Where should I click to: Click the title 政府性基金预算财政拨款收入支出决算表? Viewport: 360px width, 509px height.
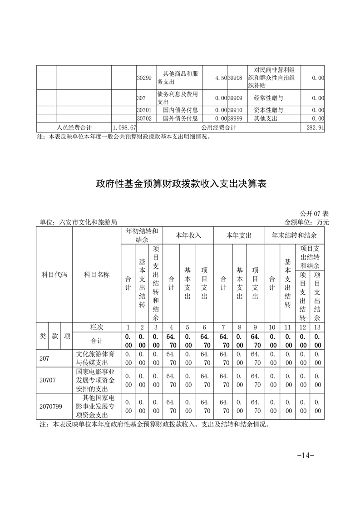click(x=180, y=184)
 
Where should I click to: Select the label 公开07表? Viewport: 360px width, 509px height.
click(x=314, y=214)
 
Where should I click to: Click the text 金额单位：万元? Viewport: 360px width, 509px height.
click(x=306, y=222)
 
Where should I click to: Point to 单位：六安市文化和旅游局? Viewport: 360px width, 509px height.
click(x=79, y=222)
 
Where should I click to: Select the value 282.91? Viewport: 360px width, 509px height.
click(x=315, y=128)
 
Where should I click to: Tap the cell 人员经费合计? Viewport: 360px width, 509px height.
click(x=74, y=128)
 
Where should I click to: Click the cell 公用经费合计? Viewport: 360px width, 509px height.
click(x=218, y=128)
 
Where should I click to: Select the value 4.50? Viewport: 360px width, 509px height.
click(x=221, y=78)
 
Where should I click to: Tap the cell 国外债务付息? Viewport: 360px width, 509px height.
click(x=180, y=118)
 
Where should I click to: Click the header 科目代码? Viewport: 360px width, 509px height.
click(x=54, y=275)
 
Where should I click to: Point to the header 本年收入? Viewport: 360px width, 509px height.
click(x=188, y=236)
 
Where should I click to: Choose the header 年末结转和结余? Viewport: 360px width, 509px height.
click(x=294, y=236)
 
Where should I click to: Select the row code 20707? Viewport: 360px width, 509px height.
click(x=48, y=380)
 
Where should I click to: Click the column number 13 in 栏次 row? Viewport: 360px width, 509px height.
click(x=317, y=328)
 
